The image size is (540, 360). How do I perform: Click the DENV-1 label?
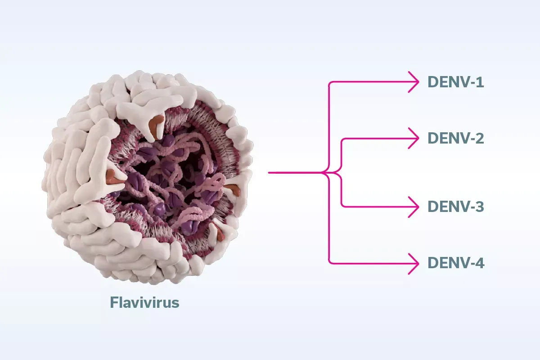[x=455, y=82]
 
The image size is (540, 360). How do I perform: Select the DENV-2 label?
[x=455, y=139]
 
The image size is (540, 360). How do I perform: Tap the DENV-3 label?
[x=455, y=207]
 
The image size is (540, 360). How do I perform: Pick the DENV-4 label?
[x=455, y=263]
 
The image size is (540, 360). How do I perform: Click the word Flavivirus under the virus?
[x=144, y=303]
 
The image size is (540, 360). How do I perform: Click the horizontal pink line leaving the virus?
[x=295, y=172]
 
